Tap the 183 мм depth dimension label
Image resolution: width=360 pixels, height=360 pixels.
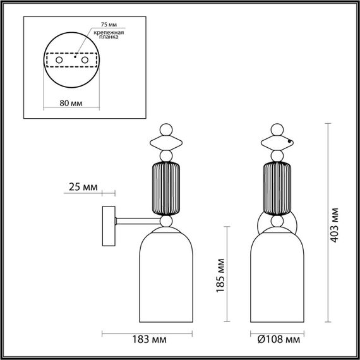click(152, 339)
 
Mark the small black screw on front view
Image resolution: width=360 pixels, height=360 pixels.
click(290, 142)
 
